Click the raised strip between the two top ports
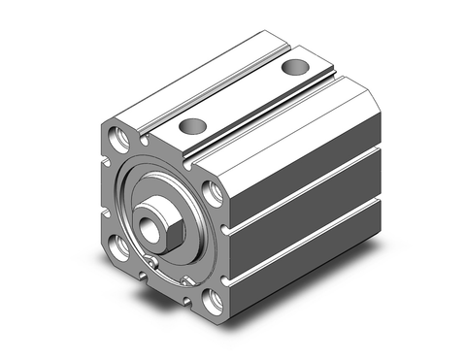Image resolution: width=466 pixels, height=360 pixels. (x=243, y=97)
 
